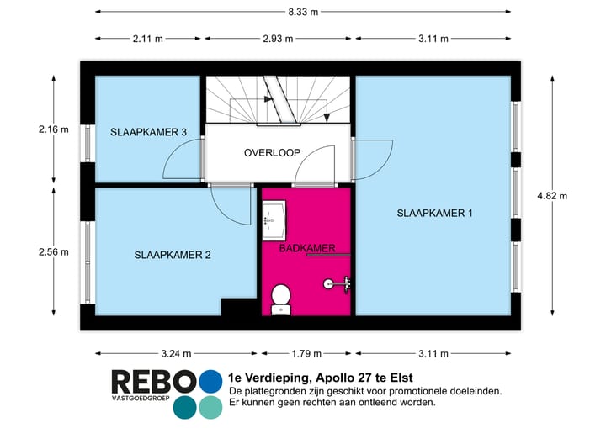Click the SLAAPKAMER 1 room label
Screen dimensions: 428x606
434,214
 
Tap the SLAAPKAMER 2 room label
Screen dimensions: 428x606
173,255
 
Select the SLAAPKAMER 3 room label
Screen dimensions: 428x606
149,132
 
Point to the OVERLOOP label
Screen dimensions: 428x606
273,152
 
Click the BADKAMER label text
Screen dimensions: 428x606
307,248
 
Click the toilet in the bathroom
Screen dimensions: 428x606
281,298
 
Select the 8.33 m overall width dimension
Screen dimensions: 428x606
302,12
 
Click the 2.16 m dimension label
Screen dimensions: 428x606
53,129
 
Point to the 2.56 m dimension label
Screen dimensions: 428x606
53,251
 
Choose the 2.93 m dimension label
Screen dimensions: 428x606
279,39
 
